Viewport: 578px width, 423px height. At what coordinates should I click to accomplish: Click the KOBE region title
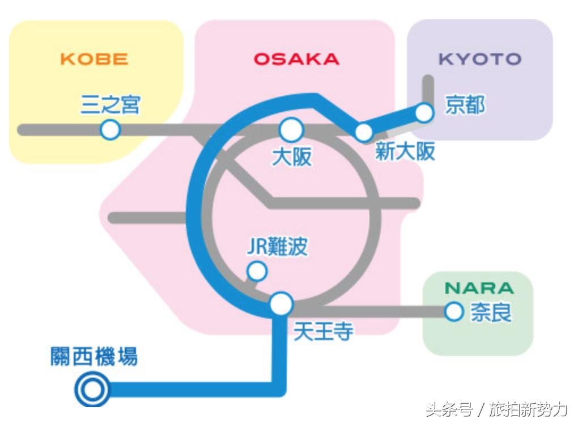(94, 59)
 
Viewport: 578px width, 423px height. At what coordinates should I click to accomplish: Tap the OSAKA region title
(296, 59)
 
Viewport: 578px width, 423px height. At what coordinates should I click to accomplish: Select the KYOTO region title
(479, 59)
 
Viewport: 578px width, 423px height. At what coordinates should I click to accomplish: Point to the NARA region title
(479, 287)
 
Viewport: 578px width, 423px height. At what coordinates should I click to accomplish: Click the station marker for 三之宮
(110, 130)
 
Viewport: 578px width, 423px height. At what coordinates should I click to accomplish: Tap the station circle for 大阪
(291, 130)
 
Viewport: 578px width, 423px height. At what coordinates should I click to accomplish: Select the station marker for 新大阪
(363, 132)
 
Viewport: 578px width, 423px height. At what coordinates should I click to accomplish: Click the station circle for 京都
(424, 113)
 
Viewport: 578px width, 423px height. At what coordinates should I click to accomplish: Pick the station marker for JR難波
(257, 272)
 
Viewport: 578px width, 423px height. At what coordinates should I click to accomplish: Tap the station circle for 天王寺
(281, 304)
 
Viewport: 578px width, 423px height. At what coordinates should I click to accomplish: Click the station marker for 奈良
(454, 311)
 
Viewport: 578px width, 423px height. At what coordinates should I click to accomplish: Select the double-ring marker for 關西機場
(92, 390)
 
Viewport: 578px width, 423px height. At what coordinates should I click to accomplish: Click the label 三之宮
(110, 105)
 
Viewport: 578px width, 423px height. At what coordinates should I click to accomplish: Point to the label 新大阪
(405, 152)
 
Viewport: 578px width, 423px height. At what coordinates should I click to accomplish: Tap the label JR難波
(277, 247)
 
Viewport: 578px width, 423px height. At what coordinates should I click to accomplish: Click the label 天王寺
(323, 332)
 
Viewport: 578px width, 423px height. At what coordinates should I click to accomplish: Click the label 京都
(465, 105)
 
